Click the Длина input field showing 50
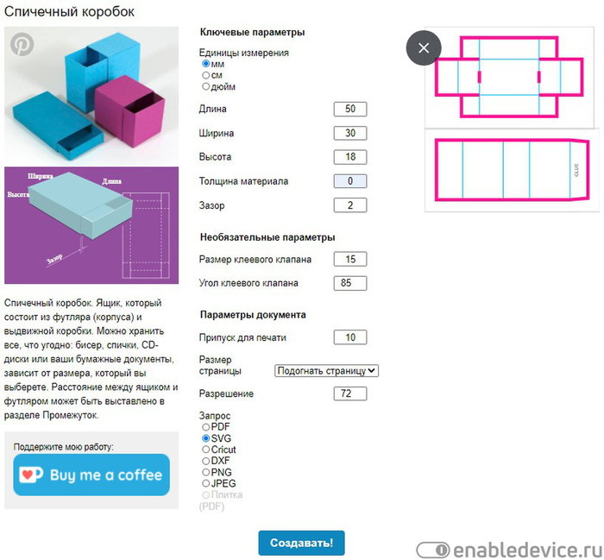point(350,109)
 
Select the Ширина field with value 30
point(350,133)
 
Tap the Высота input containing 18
point(350,157)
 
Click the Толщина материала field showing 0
point(350,181)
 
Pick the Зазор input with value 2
point(350,205)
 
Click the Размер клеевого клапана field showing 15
point(350,259)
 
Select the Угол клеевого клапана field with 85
point(350,283)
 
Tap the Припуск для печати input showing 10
point(350,337)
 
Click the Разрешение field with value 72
point(350,393)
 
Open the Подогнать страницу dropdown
point(327,371)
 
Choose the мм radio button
point(206,64)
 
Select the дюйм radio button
point(206,86)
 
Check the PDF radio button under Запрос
point(206,427)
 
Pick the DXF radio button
point(206,461)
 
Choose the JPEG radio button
point(206,483)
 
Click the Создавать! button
point(302,543)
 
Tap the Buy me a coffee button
point(91,475)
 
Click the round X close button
point(424,48)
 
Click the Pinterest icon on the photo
point(22,44)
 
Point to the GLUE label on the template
point(576,170)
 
